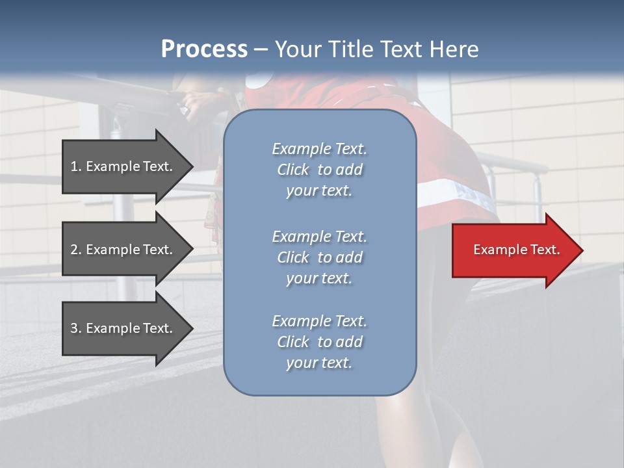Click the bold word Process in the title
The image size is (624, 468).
click(x=204, y=49)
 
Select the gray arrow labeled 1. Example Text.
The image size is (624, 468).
click(x=123, y=166)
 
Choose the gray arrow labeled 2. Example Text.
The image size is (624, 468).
click(x=123, y=250)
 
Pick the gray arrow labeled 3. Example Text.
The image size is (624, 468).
click(x=123, y=328)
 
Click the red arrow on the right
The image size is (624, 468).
click(x=513, y=250)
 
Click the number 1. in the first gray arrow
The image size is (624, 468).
click(x=76, y=166)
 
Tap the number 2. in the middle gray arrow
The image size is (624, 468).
click(x=76, y=250)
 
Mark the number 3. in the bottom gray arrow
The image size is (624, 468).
click(x=76, y=328)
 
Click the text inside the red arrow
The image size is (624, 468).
click(x=516, y=250)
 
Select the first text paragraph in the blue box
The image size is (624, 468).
click(x=319, y=170)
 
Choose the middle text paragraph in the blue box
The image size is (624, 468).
click(x=319, y=257)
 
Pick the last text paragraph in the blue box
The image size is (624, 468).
click(x=319, y=342)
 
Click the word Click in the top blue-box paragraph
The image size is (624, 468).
click(x=293, y=170)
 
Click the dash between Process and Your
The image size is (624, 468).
click(x=261, y=50)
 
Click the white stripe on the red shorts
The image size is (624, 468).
click(x=448, y=190)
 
